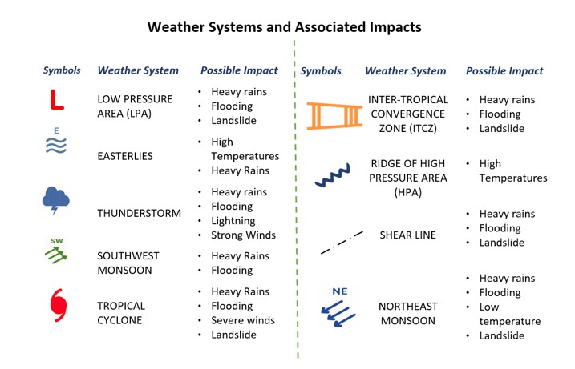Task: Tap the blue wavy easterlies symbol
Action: tap(56, 146)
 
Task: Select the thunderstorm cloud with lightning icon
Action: tap(56, 200)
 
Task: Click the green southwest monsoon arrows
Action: tap(56, 255)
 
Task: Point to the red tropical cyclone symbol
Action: tap(59, 305)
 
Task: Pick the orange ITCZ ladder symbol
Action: tap(334, 116)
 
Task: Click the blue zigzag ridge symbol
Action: tap(333, 175)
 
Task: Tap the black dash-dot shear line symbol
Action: tap(342, 243)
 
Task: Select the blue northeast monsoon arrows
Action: tap(338, 313)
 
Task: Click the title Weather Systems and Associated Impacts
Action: tap(284, 27)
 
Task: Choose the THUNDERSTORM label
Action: tap(139, 213)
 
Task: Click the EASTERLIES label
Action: tap(125, 156)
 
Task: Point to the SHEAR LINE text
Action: tap(407, 235)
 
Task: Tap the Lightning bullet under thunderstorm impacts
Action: tap(233, 221)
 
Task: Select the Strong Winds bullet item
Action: tap(243, 235)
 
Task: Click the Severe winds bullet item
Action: tap(243, 320)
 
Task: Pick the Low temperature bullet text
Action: tap(510, 314)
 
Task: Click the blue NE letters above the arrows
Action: tap(339, 291)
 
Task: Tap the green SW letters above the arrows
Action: tap(56, 241)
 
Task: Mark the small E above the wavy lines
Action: tap(56, 131)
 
